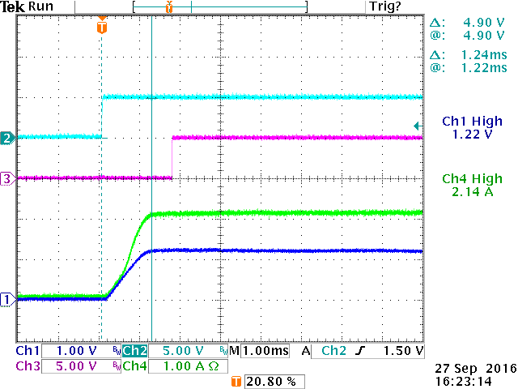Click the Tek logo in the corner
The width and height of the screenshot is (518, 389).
13,6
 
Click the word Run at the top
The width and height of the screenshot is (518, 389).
40,6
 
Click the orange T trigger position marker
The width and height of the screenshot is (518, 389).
101,28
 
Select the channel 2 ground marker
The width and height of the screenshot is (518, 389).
6,138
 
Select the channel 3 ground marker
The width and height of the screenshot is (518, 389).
6,179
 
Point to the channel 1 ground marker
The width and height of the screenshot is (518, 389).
6,299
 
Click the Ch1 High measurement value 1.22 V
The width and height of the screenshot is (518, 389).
472,136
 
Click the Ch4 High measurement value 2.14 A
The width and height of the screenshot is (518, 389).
472,193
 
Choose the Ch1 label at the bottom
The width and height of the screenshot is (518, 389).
28,351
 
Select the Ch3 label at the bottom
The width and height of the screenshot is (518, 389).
28,366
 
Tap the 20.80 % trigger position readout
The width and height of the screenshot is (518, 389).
272,381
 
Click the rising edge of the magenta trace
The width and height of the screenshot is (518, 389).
172,157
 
